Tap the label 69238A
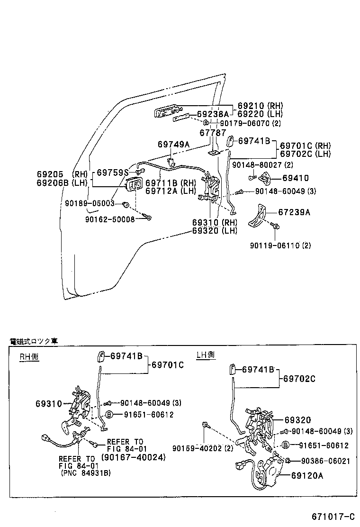[213, 114]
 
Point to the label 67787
[213, 133]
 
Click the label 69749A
[173, 144]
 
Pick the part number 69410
[295, 179]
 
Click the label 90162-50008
[110, 219]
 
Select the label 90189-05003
[90, 203]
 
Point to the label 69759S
[113, 173]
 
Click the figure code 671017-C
[333, 516]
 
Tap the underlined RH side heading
[29, 357]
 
